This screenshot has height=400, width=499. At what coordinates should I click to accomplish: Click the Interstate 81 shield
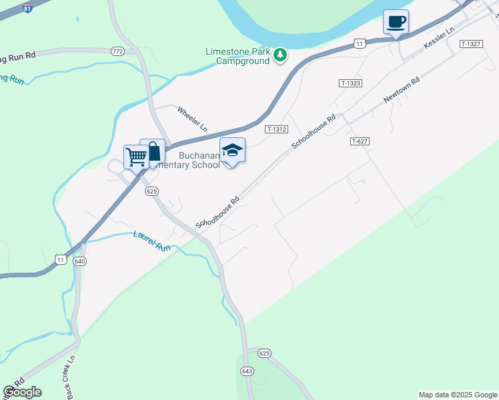pyautogui.click(x=27, y=7)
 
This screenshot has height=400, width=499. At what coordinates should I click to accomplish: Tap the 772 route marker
pyautogui.click(x=118, y=51)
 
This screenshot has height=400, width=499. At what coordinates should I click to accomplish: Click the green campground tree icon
pyautogui.click(x=281, y=55)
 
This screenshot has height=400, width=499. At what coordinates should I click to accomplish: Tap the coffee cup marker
pyautogui.click(x=396, y=22)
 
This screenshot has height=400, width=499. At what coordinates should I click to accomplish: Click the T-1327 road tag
pyautogui.click(x=471, y=43)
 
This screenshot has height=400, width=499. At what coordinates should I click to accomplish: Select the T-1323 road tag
pyautogui.click(x=350, y=83)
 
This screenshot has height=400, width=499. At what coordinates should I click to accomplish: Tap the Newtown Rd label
pyautogui.click(x=401, y=89)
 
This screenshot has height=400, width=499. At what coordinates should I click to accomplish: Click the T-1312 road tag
pyautogui.click(x=276, y=129)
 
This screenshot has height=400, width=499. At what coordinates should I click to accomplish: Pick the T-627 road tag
pyautogui.click(x=360, y=141)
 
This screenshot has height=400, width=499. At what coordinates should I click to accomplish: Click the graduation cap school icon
pyautogui.click(x=232, y=151)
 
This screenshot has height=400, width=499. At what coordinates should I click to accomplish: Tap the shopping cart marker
pyautogui.click(x=136, y=157)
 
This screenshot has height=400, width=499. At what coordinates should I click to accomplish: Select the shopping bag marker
pyautogui.click(x=153, y=151)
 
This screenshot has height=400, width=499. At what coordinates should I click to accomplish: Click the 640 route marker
pyautogui.click(x=80, y=261)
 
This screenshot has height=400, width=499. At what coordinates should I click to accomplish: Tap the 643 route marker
pyautogui.click(x=247, y=371)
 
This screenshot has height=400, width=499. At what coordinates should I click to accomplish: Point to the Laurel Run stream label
pyautogui.click(x=152, y=240)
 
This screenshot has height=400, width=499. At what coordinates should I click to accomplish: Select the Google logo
pyautogui.click(x=22, y=392)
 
